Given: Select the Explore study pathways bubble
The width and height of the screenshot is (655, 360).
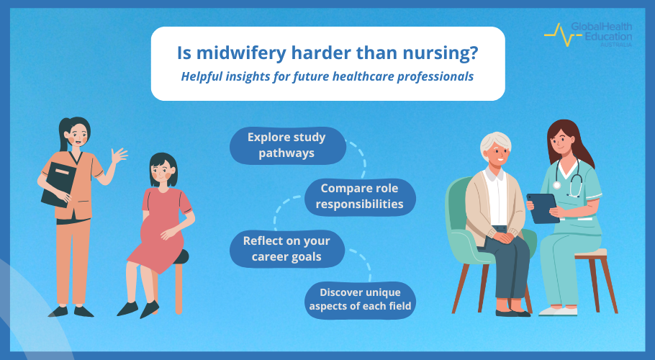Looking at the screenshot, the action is point(288,145).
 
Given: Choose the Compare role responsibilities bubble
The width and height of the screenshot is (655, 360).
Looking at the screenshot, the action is point(360,197).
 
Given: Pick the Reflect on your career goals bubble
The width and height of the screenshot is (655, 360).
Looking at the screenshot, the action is point(287,249).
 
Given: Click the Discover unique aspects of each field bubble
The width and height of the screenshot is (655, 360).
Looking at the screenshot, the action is point(360,300).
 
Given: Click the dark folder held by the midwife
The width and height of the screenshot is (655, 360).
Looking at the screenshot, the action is point(59,184).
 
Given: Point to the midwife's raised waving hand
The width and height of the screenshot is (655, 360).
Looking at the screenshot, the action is point(119,156).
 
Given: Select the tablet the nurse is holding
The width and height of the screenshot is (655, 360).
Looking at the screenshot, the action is point(543,208).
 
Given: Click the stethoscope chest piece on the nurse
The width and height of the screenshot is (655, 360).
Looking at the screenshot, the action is point(556,185).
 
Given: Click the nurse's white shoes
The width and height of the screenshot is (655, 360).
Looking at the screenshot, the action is point(558,311).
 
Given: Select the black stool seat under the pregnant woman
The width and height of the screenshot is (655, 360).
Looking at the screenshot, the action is point(181,256).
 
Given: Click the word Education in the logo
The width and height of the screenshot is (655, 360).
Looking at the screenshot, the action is point(608,36).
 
